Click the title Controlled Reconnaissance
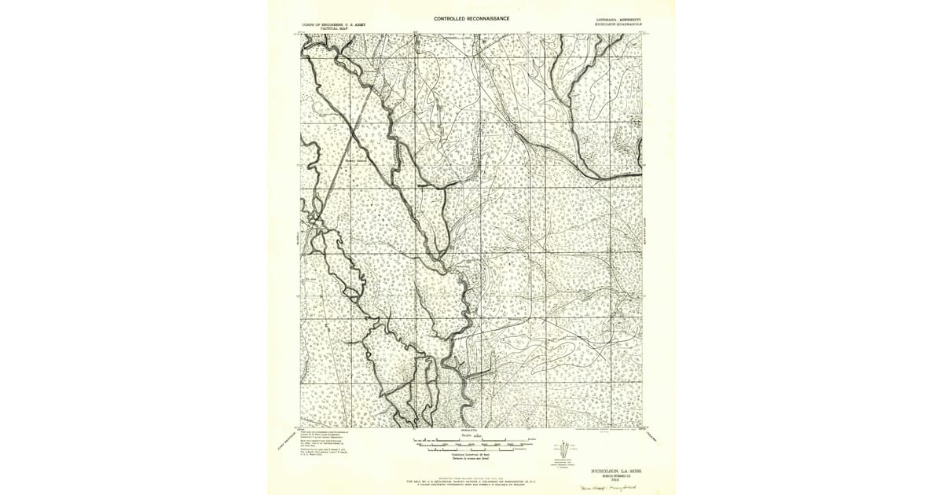472,18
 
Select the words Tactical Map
319,28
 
